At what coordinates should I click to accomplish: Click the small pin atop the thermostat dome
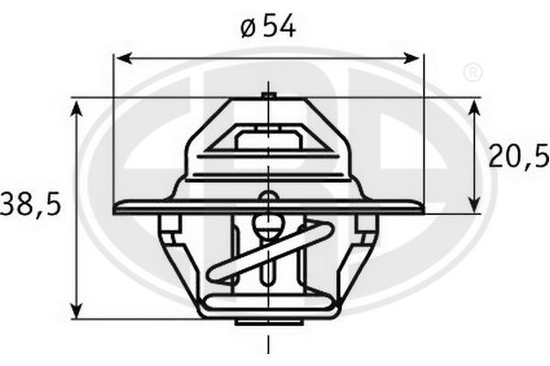(268, 94)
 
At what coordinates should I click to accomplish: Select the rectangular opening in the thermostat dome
(268, 140)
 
